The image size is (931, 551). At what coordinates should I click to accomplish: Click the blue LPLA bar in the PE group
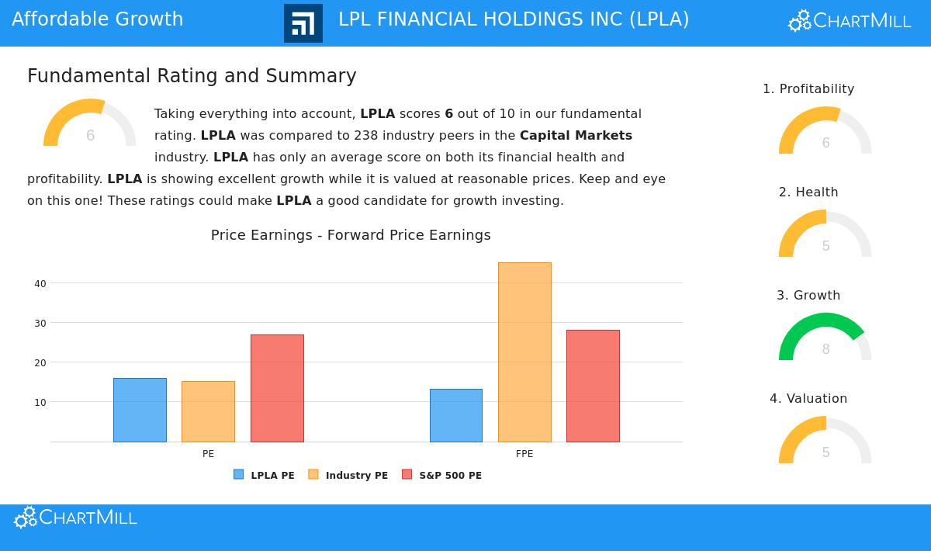click(x=140, y=410)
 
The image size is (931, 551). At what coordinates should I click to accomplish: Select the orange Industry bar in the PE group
click(x=208, y=411)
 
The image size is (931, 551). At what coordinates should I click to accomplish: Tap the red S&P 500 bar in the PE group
click(x=277, y=388)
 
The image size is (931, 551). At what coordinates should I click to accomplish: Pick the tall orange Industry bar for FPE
click(x=524, y=352)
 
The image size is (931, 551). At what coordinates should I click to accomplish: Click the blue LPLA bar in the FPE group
click(x=456, y=415)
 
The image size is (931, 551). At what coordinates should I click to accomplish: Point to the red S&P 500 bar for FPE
click(x=593, y=386)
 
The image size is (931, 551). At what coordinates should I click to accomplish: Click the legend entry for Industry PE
click(x=348, y=475)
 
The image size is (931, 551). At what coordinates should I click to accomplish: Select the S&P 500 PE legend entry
click(x=441, y=475)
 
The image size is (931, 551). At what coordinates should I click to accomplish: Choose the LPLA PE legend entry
click(x=265, y=475)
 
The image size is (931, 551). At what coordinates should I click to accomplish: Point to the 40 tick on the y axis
click(x=40, y=284)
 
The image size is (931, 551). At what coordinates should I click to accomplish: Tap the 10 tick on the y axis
click(x=40, y=403)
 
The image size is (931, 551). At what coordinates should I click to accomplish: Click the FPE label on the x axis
click(x=524, y=454)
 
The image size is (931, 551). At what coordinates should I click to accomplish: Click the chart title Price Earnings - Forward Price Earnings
click(x=351, y=235)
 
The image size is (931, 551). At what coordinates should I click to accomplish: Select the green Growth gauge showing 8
click(x=825, y=338)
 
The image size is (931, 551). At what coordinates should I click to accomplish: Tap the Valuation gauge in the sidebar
click(x=825, y=441)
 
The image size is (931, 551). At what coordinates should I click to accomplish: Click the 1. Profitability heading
click(x=808, y=89)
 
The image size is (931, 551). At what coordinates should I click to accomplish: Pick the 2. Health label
click(x=808, y=192)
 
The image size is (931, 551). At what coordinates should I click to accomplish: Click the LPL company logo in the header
click(x=303, y=23)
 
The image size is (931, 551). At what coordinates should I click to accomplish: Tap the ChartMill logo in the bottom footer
click(x=75, y=518)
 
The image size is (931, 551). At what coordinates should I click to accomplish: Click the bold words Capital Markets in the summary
click(x=576, y=136)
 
